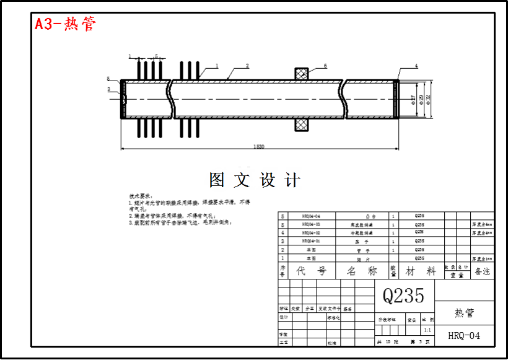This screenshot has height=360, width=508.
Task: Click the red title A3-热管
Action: click(x=65, y=25)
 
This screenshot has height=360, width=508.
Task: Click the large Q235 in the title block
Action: click(x=403, y=296)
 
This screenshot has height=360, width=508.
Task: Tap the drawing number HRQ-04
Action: click(x=464, y=336)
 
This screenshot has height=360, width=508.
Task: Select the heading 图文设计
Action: click(x=255, y=180)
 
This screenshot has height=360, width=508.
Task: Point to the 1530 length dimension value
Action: click(x=259, y=146)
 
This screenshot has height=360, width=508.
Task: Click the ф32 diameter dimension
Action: click(x=429, y=99)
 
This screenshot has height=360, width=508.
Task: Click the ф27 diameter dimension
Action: click(x=413, y=99)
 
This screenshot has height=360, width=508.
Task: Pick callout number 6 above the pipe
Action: click(x=325, y=66)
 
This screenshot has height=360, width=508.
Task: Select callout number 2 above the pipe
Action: click(x=247, y=66)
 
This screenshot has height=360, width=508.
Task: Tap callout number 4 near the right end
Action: click(x=416, y=66)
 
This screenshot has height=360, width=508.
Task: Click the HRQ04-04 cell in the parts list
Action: click(x=310, y=216)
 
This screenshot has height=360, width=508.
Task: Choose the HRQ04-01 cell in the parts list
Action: click(x=310, y=241)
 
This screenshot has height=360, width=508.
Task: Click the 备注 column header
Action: click(x=482, y=271)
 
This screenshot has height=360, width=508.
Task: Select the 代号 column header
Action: click(x=310, y=271)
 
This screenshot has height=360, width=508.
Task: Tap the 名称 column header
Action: click(x=362, y=271)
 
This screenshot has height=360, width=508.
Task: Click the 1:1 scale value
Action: click(x=427, y=330)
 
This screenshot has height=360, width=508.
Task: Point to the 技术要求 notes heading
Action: click(x=141, y=195)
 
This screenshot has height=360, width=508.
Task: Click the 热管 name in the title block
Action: click(x=464, y=313)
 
